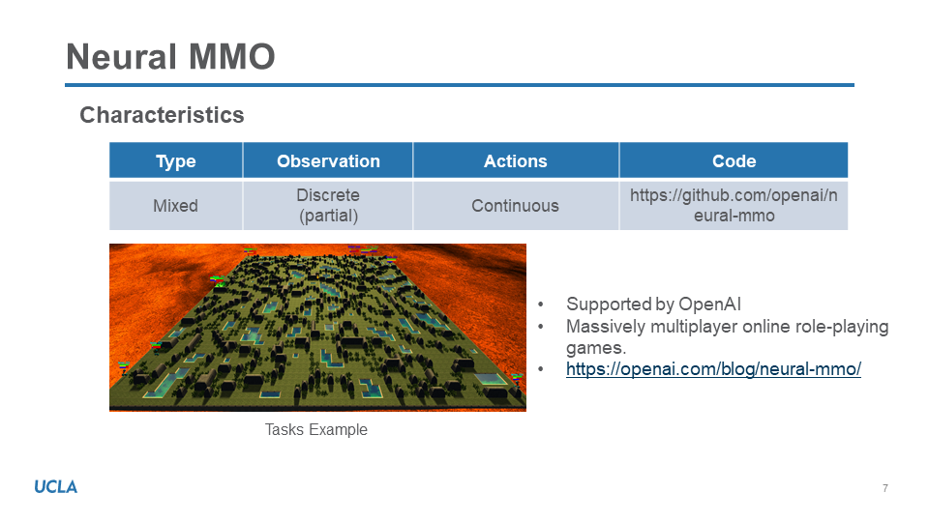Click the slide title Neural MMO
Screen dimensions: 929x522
(170, 57)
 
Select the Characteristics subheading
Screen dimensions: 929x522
(162, 115)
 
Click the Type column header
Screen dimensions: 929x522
(175, 161)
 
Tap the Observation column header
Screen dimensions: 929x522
(328, 161)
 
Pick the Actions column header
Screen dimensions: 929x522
(516, 161)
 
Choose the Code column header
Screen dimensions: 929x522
(734, 161)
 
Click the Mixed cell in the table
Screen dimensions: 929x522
(175, 205)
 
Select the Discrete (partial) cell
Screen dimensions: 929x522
(328, 205)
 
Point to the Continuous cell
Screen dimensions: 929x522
(516, 205)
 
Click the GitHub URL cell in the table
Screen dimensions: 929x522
(734, 205)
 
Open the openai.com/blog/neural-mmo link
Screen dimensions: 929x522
(713, 368)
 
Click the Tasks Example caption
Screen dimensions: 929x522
(315, 429)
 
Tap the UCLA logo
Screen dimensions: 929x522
(56, 487)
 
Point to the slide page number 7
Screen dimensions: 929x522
(885, 488)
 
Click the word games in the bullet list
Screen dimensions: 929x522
(596, 348)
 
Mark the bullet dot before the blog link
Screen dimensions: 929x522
(540, 368)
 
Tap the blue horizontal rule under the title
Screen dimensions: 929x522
(460, 85)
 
